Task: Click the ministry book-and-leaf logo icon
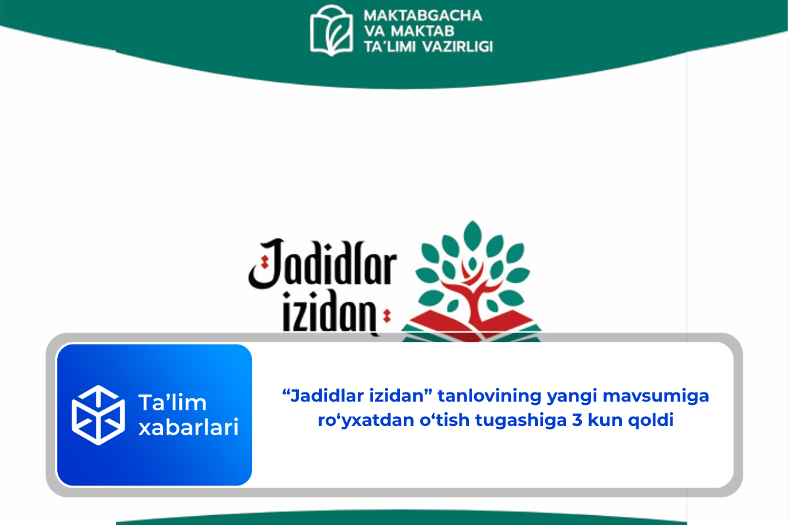(x=331, y=30)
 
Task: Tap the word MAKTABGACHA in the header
(x=423, y=16)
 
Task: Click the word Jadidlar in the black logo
(x=322, y=264)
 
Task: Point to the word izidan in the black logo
(x=330, y=312)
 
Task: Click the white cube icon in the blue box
(x=98, y=415)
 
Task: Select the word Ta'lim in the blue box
(x=172, y=402)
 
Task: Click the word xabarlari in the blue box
(x=188, y=427)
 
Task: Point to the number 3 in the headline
(x=577, y=420)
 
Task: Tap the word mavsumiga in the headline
(x=656, y=396)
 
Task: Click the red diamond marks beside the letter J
(x=265, y=262)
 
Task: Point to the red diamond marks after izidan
(x=387, y=316)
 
